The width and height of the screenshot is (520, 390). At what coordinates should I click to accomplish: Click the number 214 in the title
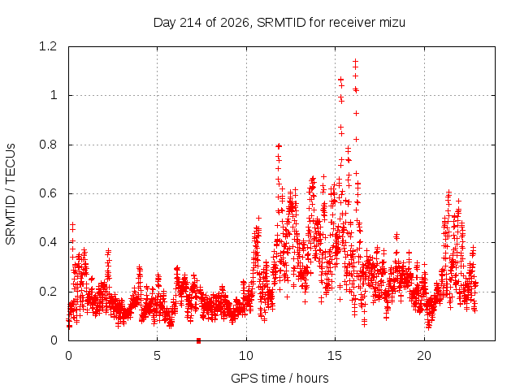(190, 23)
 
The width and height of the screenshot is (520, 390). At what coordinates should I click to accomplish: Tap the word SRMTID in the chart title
(281, 23)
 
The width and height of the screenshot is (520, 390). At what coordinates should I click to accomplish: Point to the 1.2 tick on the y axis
(48, 46)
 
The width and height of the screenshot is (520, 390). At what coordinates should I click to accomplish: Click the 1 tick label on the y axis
(54, 96)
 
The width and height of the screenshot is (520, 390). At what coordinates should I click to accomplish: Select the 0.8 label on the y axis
(48, 145)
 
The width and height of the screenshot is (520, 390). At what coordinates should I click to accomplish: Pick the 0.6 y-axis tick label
(48, 193)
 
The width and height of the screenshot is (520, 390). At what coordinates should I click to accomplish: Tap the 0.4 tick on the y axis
(48, 242)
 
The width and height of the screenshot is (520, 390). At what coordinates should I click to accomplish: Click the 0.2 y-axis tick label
(48, 292)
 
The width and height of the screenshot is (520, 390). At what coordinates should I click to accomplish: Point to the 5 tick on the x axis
(157, 356)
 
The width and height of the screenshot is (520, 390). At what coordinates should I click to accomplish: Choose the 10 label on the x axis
(246, 356)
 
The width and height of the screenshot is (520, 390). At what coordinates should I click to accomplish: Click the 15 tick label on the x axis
(335, 356)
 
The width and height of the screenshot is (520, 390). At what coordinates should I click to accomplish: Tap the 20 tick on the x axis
(424, 356)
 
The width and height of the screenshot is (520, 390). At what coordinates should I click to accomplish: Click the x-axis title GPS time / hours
(279, 379)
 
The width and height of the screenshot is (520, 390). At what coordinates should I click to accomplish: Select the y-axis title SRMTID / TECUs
(11, 194)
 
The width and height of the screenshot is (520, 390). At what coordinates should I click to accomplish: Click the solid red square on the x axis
(198, 340)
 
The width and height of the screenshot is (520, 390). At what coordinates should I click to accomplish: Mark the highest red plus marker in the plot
(356, 62)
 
